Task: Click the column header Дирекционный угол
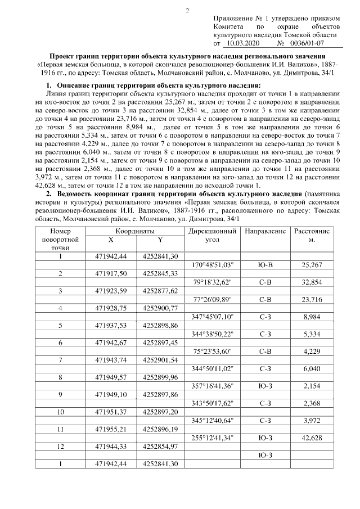point(213,235)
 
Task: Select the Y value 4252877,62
point(160,290)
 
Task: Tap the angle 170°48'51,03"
point(213,264)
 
